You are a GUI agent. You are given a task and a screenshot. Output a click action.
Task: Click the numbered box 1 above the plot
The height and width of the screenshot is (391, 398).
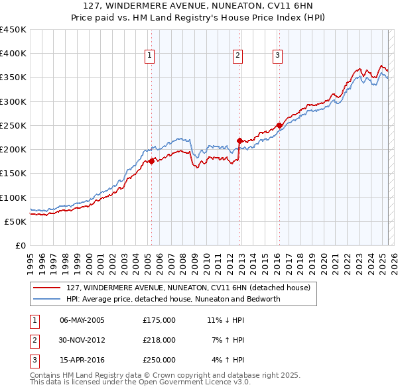click(151, 56)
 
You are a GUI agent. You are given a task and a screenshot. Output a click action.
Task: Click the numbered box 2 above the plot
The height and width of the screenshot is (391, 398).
click(237, 56)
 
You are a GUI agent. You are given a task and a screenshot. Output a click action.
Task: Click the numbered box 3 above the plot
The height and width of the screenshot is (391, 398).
click(277, 56)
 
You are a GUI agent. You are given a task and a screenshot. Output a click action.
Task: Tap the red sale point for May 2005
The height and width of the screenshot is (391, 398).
click(151, 161)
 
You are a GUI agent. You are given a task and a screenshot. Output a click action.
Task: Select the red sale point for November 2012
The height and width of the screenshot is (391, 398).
click(239, 140)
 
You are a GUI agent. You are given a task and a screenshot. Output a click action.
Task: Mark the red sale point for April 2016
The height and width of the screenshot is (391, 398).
click(279, 125)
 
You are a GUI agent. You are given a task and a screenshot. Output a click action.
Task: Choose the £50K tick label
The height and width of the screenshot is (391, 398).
click(16, 221)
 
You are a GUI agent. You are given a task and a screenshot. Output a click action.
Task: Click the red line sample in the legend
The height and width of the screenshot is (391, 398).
click(46, 288)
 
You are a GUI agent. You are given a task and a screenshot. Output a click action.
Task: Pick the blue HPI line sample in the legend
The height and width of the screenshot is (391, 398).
click(46, 299)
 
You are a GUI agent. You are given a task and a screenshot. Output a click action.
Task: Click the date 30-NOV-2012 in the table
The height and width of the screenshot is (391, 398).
click(82, 340)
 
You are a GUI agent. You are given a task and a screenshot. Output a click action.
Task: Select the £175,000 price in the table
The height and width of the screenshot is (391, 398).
click(159, 319)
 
